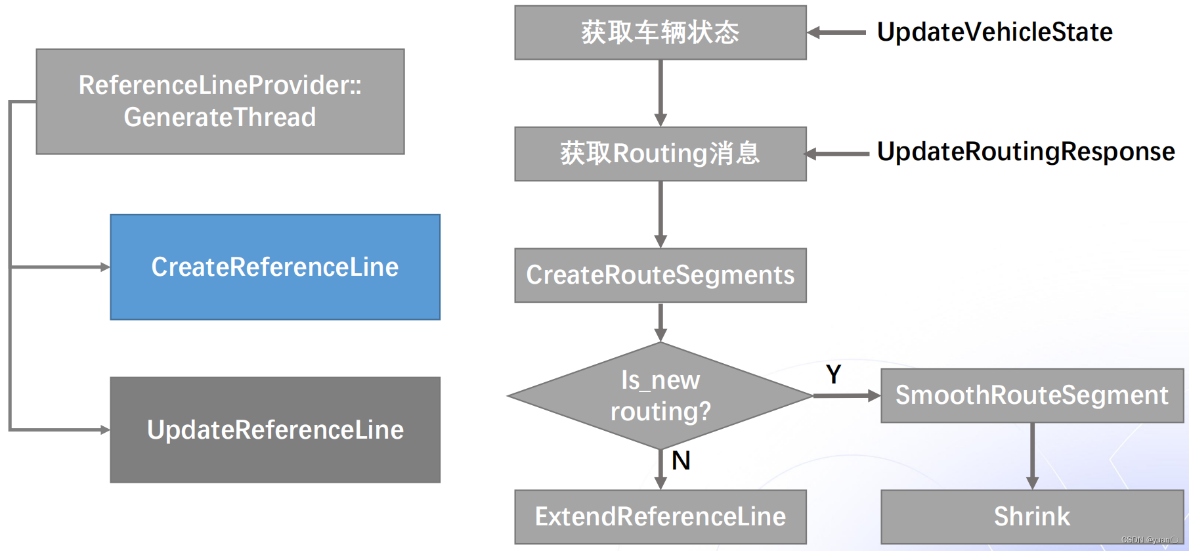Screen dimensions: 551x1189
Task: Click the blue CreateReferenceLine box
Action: [x=275, y=267]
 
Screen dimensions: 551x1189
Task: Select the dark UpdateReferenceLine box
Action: [x=275, y=430]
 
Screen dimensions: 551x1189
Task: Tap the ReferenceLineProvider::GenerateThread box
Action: [x=220, y=102]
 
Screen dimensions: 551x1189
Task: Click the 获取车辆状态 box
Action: [x=660, y=33]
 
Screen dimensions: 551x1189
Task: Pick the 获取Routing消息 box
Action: [x=660, y=154]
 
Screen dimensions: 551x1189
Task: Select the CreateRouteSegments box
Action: [x=660, y=275]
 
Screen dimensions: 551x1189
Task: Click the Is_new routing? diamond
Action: [x=660, y=396]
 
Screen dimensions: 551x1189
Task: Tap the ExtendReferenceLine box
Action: [x=660, y=517]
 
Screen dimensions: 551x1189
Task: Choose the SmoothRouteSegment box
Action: [x=1031, y=395]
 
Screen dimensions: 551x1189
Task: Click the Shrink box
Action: [x=1031, y=517]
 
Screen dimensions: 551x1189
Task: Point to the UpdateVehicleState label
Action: [x=995, y=32]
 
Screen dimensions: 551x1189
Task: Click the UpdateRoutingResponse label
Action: [x=1026, y=152]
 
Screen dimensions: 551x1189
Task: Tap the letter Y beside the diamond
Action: [x=833, y=375]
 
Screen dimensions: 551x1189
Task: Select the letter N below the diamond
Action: [x=681, y=461]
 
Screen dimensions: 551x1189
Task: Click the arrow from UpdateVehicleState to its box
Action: [x=837, y=33]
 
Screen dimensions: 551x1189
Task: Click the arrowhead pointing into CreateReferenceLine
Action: [x=105, y=267]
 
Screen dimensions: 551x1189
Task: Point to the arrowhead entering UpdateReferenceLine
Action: [x=105, y=430]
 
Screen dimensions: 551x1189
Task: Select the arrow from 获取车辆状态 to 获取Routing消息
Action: [x=660, y=93]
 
